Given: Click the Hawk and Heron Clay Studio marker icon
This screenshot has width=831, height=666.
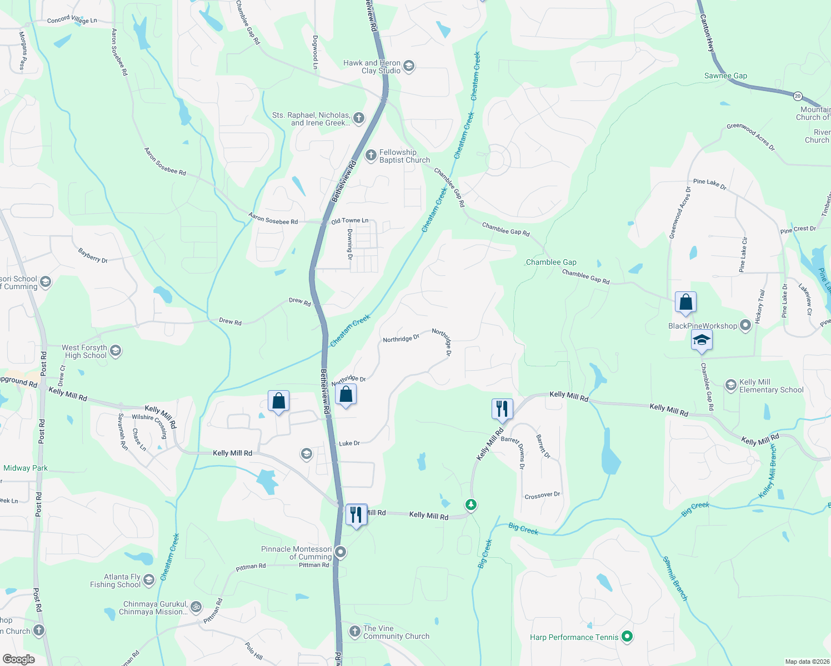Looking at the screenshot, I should coord(409,67).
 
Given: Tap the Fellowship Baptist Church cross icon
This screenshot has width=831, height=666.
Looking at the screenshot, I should coord(371,156).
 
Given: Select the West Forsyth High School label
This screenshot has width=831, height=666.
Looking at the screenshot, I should coord(85,351).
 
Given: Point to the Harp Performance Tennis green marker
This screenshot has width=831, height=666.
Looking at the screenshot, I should coord(627,637).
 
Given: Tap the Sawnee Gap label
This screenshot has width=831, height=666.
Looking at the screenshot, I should coord(725,76).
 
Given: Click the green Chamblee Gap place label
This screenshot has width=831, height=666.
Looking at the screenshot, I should coord(551,262).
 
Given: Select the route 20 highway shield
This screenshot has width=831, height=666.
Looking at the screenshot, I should coord(798,96).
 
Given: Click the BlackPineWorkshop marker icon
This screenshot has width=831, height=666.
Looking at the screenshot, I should coord(745,326).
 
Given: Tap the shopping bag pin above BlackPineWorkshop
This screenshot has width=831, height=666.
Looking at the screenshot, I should coord(685,302).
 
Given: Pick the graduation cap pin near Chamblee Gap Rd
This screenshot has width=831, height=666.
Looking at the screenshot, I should coord(702,340).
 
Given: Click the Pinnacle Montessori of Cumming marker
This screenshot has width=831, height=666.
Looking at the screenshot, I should coord(341,552).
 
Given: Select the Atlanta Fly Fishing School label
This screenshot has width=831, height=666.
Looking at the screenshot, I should coord(116,581).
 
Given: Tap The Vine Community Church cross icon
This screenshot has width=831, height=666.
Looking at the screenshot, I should coord(355,632).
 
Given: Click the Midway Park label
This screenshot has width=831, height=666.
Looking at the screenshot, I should coord(26,468).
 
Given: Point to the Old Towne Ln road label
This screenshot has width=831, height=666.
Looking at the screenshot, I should coord(349,221).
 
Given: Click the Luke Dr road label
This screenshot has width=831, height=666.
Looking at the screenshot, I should coord(349,443).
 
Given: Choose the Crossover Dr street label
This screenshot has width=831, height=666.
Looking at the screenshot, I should coord(542,495).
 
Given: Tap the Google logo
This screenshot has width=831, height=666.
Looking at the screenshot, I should coord(18,659).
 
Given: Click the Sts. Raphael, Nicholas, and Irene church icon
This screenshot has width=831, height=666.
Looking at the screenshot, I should coord(359,118).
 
